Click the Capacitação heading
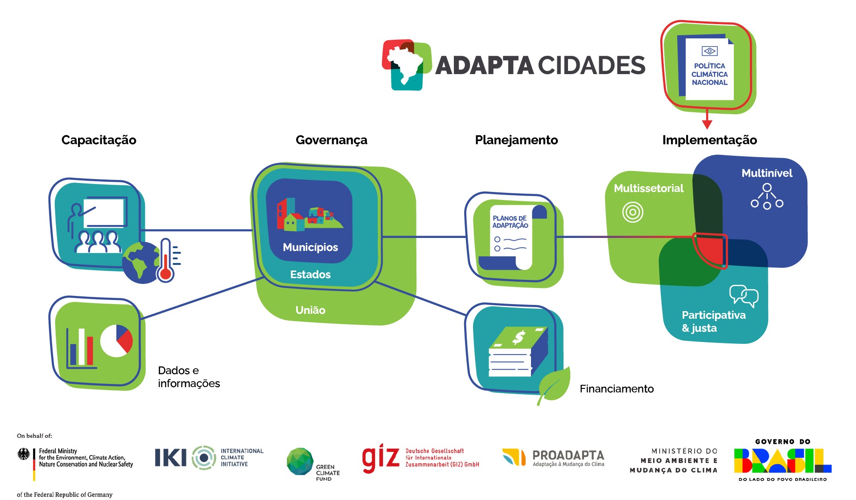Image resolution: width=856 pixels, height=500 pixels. (x=99, y=140)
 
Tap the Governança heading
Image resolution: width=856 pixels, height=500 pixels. (x=331, y=140)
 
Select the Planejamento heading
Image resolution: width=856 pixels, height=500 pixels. (x=516, y=140)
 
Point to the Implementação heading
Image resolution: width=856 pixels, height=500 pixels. (x=709, y=140)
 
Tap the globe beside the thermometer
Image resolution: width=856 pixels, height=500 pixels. (x=140, y=263)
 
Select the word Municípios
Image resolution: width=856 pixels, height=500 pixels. (x=310, y=247)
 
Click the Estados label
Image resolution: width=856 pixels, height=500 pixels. (x=310, y=275)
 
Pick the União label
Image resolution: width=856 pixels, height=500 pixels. (x=310, y=310)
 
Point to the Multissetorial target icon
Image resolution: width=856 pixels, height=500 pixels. (x=633, y=212)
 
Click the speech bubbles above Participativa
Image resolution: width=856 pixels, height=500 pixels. (x=744, y=295)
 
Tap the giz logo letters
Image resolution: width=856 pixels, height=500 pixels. (x=380, y=458)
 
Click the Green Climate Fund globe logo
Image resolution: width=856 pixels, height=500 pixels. (x=300, y=462)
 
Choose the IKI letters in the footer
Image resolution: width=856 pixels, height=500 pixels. (x=170, y=458)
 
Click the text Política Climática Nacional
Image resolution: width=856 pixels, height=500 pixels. (x=709, y=74)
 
